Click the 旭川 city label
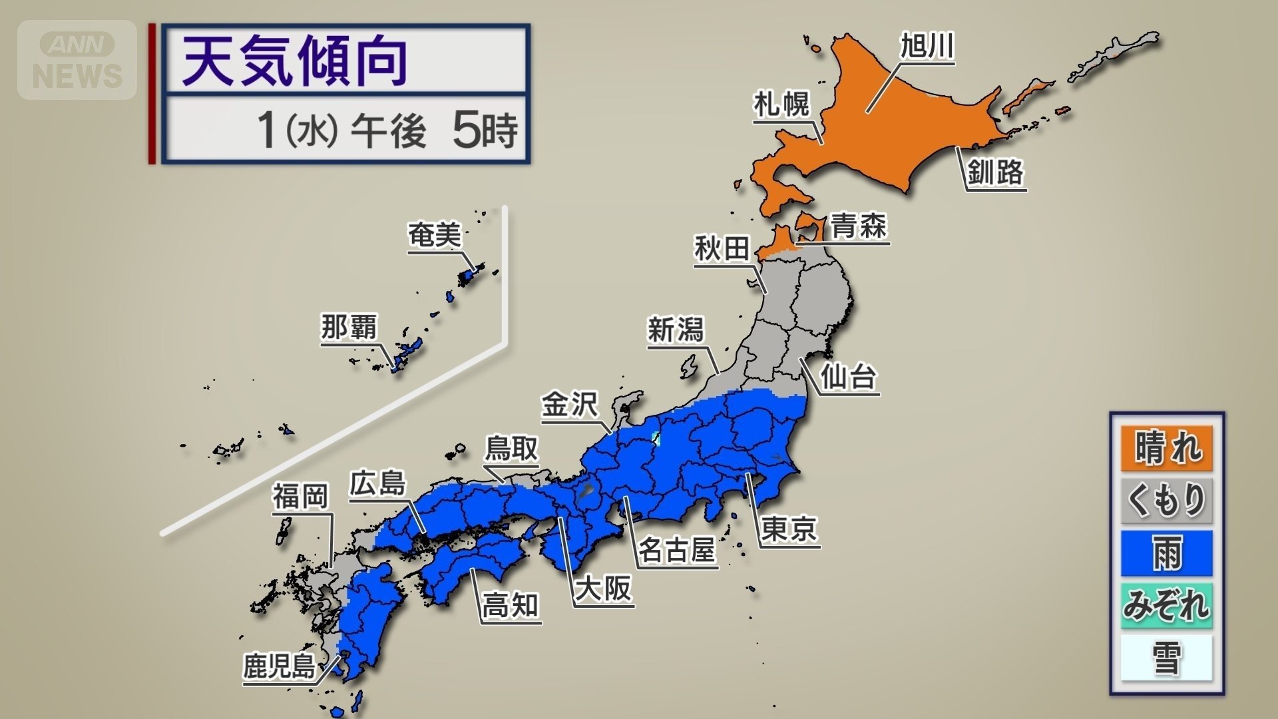(x=927, y=47)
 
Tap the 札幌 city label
(x=781, y=105)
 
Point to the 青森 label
(x=859, y=226)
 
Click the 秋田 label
(x=722, y=249)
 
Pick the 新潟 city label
(x=675, y=330)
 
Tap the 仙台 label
(x=847, y=377)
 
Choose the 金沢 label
(x=570, y=405)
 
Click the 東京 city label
(x=789, y=530)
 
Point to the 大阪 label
(x=603, y=589)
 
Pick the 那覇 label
(x=349, y=328)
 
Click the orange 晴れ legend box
(x=1167, y=447)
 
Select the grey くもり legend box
(x=1167, y=500)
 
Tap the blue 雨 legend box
(x=1167, y=553)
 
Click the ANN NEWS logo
(x=77, y=60)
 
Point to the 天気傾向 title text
(x=295, y=62)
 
